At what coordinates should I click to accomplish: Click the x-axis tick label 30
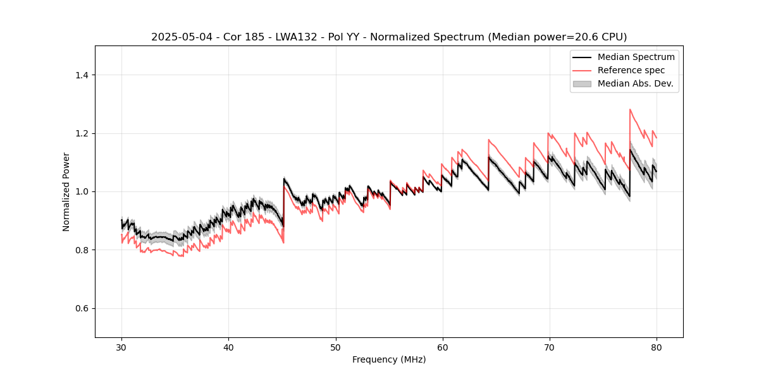(121, 347)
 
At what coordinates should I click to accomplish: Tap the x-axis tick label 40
(228, 347)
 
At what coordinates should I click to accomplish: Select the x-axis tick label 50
(335, 347)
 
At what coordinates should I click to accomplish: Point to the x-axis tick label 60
(443, 347)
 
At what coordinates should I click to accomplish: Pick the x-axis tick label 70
(550, 347)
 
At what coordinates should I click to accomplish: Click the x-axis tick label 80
(657, 347)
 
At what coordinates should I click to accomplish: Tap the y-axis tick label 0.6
(82, 308)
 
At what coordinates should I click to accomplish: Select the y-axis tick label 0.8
(82, 250)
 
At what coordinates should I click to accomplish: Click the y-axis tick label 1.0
(82, 191)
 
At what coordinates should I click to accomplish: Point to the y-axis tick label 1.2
(82, 133)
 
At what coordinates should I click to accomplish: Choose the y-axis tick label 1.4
(82, 75)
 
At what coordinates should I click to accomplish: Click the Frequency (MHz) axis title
(389, 360)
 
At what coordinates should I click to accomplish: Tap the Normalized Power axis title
(66, 191)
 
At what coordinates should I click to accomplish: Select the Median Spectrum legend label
(636, 57)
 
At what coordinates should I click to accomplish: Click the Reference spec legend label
(631, 70)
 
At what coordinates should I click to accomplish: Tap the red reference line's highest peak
(630, 109)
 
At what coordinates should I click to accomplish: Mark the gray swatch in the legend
(582, 83)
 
